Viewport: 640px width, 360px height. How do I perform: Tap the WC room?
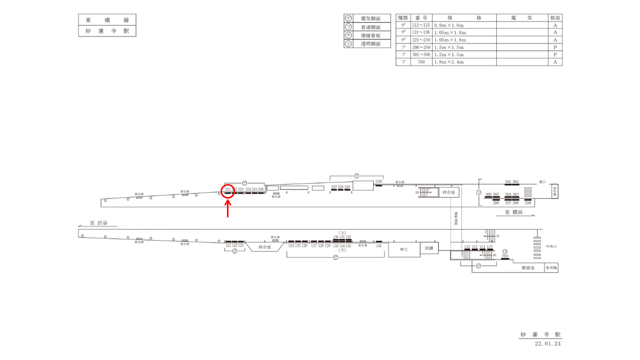(x=404, y=249)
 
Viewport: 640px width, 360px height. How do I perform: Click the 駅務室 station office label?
(x=528, y=268)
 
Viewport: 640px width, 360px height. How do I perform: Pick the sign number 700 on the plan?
(x=505, y=256)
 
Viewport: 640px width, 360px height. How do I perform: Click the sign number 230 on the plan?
(x=378, y=181)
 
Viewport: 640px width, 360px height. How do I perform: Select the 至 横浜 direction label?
(x=514, y=212)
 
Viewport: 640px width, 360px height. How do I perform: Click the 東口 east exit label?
(x=543, y=181)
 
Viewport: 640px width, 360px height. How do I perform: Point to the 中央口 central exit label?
(x=551, y=246)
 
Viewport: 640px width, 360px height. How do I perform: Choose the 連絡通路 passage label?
(x=455, y=221)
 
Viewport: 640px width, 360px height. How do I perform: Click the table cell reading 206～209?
(x=421, y=47)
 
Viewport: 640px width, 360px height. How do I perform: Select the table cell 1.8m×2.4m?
(x=449, y=62)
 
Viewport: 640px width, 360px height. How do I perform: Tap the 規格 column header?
(x=464, y=17)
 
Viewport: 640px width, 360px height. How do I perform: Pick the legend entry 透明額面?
(x=370, y=44)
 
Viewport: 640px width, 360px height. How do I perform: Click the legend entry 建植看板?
(x=370, y=35)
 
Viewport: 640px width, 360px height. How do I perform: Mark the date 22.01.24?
(x=548, y=344)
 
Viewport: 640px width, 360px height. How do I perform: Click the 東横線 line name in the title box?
(x=107, y=20)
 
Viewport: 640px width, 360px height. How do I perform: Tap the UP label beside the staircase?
(x=497, y=235)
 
